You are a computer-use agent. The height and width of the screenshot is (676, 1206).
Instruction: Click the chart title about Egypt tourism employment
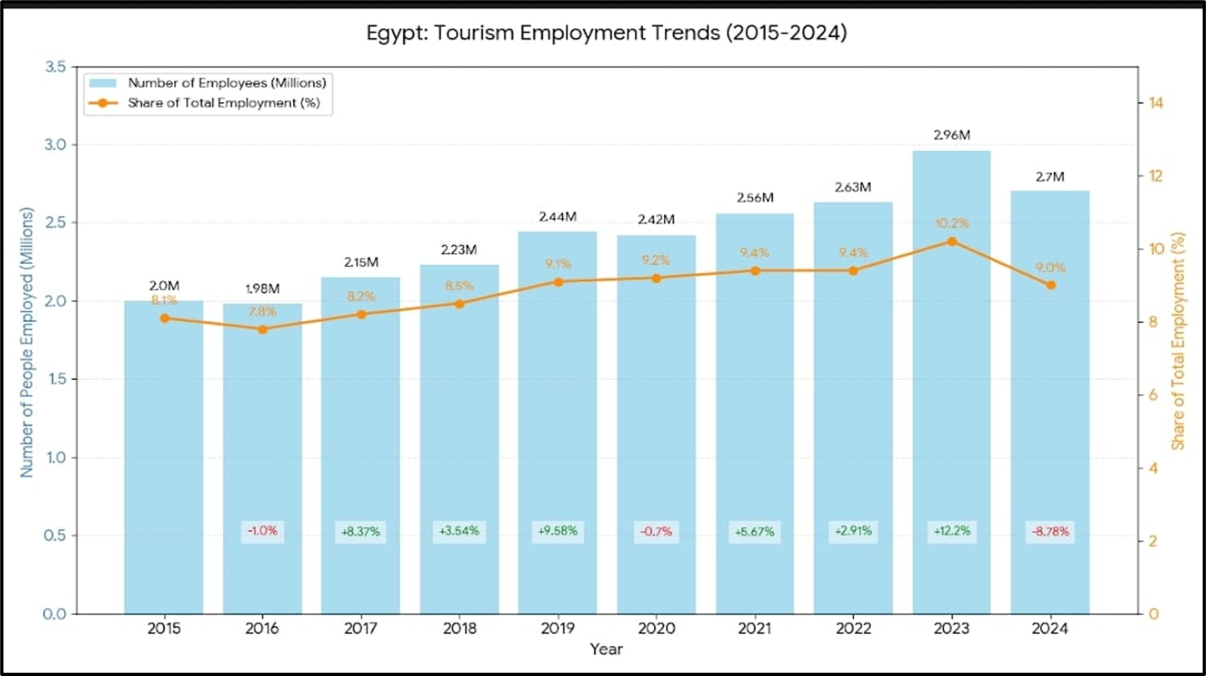pos(606,33)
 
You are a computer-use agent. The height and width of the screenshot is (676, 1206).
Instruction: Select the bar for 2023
pos(951,401)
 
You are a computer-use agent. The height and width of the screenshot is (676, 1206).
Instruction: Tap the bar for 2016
pos(262,435)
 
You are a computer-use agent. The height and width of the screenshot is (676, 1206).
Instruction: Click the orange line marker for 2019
pos(558,282)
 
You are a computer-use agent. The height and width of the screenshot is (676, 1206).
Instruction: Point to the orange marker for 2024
pos(1050,285)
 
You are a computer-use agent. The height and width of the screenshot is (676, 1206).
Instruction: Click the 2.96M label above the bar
pos(951,135)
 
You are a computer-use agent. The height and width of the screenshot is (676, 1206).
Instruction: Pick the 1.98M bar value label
pos(262,289)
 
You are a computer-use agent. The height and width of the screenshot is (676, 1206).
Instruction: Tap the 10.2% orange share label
pos(951,223)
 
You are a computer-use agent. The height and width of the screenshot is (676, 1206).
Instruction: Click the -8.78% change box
pos(1050,532)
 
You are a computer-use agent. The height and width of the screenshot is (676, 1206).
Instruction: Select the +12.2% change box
pos(951,532)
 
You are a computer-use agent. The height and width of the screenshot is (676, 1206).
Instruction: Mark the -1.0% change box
pos(262,531)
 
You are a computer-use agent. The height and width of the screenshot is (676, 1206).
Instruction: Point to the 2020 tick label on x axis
pos(656,629)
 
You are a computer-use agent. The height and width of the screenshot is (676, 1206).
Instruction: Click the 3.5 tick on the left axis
pos(55,67)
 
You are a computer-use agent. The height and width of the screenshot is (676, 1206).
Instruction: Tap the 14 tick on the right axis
pos(1155,103)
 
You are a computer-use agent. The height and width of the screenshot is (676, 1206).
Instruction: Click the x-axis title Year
pos(606,649)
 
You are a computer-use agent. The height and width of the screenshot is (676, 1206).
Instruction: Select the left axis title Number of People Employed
pos(27,342)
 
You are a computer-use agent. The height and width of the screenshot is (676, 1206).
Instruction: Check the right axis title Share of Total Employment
pos(1178,341)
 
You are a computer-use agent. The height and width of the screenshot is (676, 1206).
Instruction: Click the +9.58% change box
pos(558,531)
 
